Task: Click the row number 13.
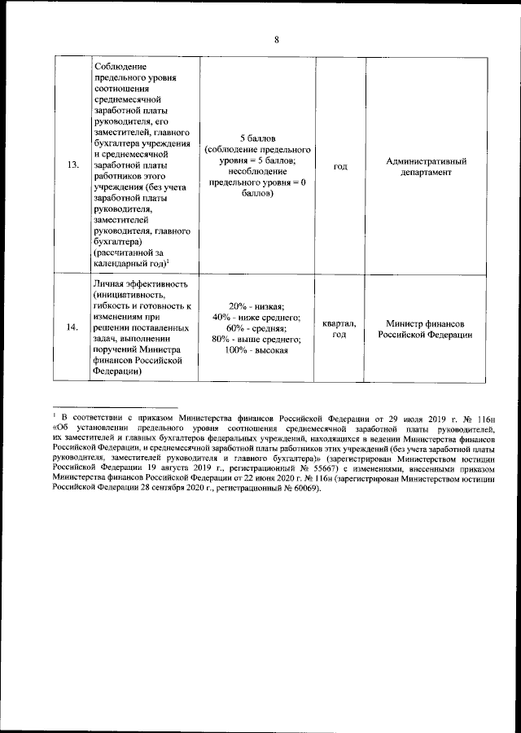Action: [72, 166]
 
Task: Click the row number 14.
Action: [72, 327]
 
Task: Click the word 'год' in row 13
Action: [340, 166]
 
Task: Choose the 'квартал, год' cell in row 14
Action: [339, 327]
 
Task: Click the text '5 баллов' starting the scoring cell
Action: [256, 138]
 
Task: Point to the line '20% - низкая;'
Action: [256, 305]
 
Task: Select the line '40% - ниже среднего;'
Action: [256, 316]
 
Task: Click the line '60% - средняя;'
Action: [256, 327]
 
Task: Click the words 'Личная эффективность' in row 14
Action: [142, 283]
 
